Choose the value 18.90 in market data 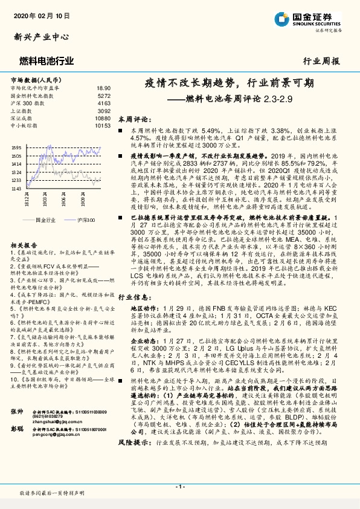click(103, 88)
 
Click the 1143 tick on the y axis click(16, 189)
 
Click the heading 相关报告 click(24, 228)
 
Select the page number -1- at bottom click(179, 487)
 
